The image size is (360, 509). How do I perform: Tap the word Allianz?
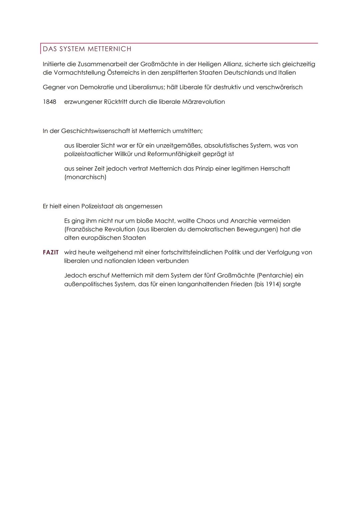click(x=232, y=64)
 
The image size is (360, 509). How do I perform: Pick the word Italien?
click(x=287, y=73)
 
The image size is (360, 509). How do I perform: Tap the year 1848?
click(x=49, y=102)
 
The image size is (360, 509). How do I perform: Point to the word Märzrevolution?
click(x=203, y=102)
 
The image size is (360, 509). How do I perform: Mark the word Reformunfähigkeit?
click(x=174, y=154)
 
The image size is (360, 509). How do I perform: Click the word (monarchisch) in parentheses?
click(x=85, y=177)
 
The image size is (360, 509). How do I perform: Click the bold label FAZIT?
click(x=51, y=252)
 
